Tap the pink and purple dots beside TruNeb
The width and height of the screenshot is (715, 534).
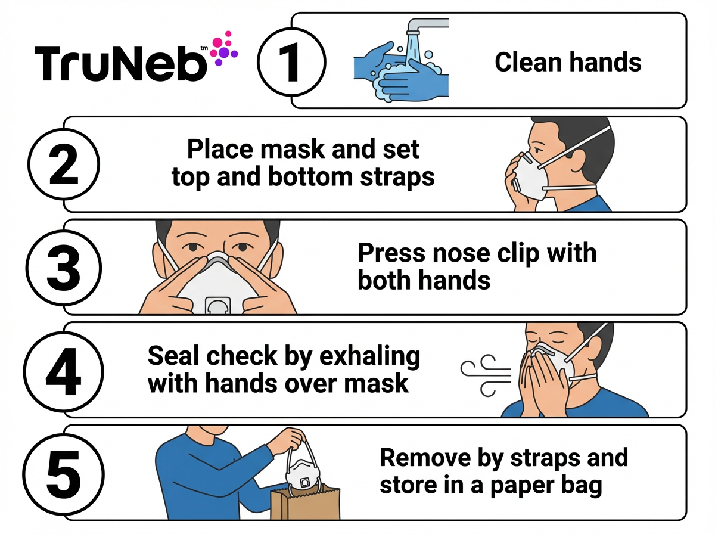[x=224, y=48]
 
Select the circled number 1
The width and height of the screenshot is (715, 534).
[x=291, y=61]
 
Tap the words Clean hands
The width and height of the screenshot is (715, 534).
[x=568, y=62]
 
